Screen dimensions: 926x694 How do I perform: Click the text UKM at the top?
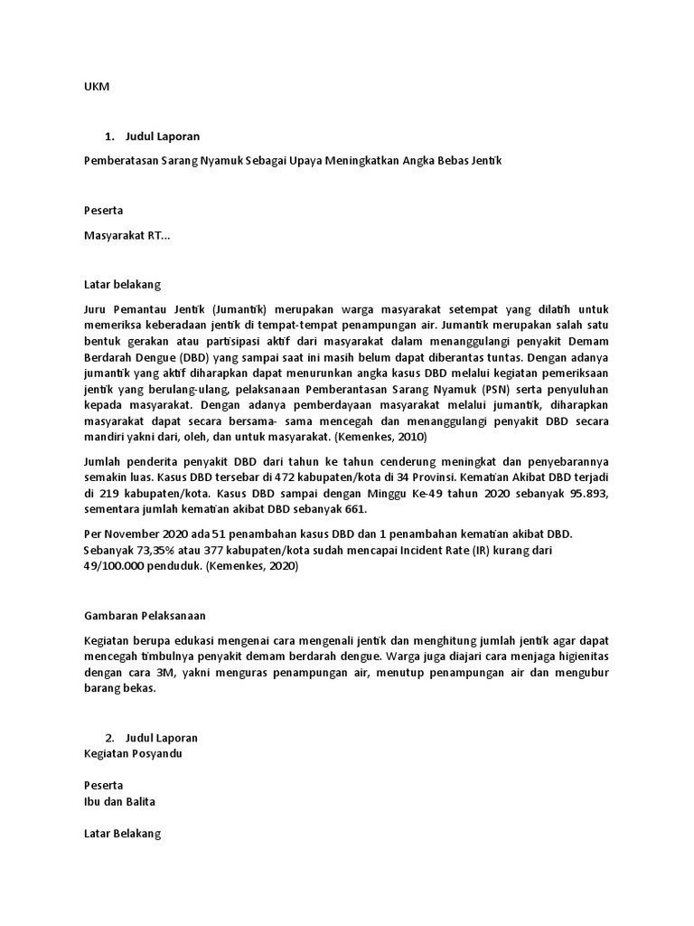[x=95, y=88]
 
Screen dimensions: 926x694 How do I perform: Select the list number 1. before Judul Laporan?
[x=110, y=137]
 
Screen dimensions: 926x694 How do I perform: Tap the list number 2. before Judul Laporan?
[x=110, y=738]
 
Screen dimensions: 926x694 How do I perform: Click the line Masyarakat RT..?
[x=126, y=236]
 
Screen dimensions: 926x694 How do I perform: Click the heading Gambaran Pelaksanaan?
[x=145, y=616]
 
